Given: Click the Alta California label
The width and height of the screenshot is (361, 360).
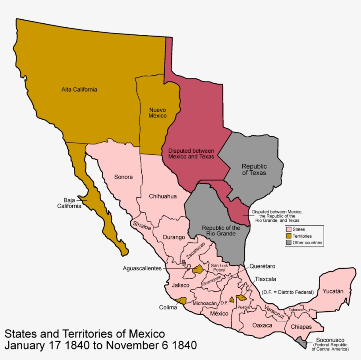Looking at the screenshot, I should pos(79,89).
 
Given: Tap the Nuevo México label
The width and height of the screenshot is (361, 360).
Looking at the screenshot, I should pos(158,113).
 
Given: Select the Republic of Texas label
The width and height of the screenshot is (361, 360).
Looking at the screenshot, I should pos(254,169).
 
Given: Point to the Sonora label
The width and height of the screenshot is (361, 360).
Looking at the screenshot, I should pos(123,177).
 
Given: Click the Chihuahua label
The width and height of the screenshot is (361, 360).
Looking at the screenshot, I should pos(162,196).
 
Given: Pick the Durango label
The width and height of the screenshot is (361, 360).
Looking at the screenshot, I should pos(174,237).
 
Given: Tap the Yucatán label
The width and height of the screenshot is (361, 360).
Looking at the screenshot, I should pos(333,291).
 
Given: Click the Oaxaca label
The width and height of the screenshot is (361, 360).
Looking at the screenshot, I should pos(262,325).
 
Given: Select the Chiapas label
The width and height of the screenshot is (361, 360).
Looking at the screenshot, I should pos(301,327).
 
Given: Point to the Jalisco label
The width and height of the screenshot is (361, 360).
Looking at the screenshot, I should pos(180,285).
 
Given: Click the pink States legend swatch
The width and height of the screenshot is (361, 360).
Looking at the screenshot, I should pos(288,229).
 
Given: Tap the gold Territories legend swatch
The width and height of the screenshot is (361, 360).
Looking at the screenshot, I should pos(288,236).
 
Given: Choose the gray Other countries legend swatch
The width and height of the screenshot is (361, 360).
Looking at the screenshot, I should pos(288,242).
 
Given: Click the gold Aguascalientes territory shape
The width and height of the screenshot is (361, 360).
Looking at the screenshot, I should pos(198,269).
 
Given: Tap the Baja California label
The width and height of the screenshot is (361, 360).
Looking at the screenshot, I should pos(69,202).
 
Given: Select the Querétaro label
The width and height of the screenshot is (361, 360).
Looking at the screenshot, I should pos(262,266).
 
